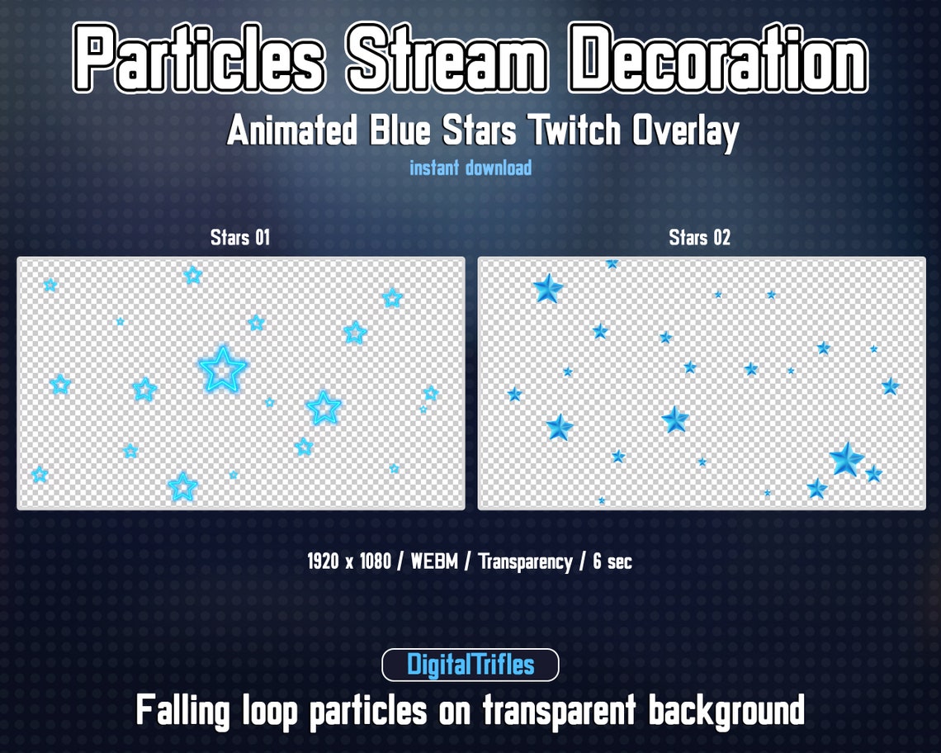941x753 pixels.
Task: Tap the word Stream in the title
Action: [446, 58]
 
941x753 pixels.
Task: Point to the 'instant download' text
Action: [470, 168]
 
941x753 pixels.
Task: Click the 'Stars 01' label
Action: [240, 238]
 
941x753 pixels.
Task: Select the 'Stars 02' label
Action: [700, 238]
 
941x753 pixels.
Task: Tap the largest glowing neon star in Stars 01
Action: [223, 369]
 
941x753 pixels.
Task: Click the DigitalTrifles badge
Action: [470, 665]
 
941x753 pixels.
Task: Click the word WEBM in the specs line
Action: [433, 562]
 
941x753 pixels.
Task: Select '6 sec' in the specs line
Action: [612, 562]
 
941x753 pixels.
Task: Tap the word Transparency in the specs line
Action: [525, 562]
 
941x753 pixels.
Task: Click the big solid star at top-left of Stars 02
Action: [547, 288]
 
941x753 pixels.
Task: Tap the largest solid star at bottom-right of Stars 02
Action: [846, 459]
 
